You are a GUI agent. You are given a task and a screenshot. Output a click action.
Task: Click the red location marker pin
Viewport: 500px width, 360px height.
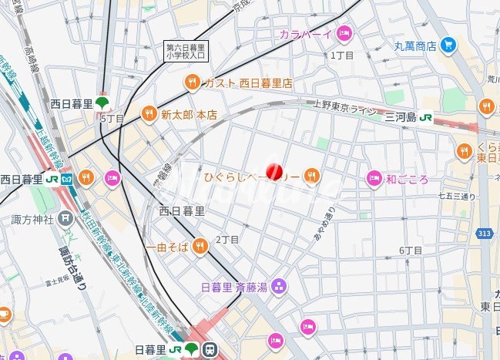(x=274, y=172)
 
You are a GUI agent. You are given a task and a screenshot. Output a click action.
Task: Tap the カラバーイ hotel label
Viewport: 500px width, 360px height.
(x=306, y=34)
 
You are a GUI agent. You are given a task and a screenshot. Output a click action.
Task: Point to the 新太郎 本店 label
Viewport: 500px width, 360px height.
(x=189, y=115)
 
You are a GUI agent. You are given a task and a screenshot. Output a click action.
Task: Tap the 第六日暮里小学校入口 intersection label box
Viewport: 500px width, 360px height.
(x=185, y=51)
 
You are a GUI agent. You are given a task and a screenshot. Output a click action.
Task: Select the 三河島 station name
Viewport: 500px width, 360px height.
(x=401, y=117)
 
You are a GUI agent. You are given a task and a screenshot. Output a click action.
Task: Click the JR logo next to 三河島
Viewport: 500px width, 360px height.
(x=425, y=117)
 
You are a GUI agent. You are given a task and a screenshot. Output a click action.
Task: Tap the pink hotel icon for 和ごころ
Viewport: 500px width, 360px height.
(x=374, y=179)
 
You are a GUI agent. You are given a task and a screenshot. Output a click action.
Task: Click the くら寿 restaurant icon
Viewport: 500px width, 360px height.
(x=464, y=150)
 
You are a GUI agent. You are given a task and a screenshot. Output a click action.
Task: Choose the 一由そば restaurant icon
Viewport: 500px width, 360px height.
(x=200, y=246)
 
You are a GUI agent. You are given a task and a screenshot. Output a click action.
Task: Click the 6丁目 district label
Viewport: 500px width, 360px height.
(x=411, y=251)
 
